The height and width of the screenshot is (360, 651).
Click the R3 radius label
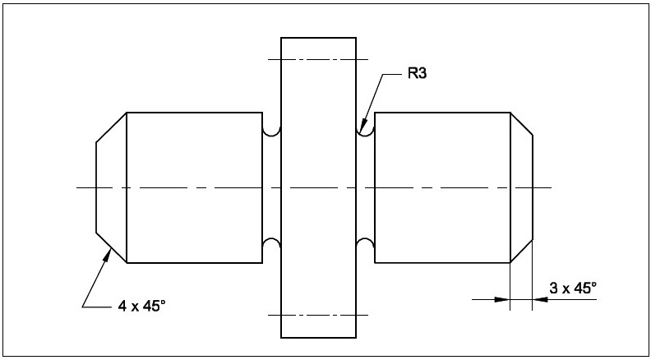pyautogui.click(x=418, y=74)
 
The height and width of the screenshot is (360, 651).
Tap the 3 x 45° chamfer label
pyautogui.click(x=573, y=288)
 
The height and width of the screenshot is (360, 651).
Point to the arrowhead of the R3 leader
pyautogui.click(x=361, y=127)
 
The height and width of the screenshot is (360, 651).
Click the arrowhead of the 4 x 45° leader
pyautogui.click(x=108, y=254)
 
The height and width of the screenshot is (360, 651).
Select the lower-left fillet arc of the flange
pyautogui.click(x=271, y=244)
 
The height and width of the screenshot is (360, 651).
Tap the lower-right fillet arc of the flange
pyautogui.click(x=366, y=244)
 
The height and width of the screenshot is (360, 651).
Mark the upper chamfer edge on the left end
pyautogui.click(x=111, y=127)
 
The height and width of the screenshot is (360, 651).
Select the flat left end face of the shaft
pyautogui.click(x=96, y=187)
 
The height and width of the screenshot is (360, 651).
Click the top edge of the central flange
pyautogui.click(x=319, y=38)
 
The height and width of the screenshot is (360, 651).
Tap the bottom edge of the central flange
pyautogui.click(x=319, y=338)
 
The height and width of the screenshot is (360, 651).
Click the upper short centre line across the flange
pyautogui.click(x=319, y=59)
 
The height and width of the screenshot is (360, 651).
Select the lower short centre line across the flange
pyautogui.click(x=319, y=315)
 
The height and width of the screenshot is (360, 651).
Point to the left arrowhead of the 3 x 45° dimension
pyautogui.click(x=502, y=299)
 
